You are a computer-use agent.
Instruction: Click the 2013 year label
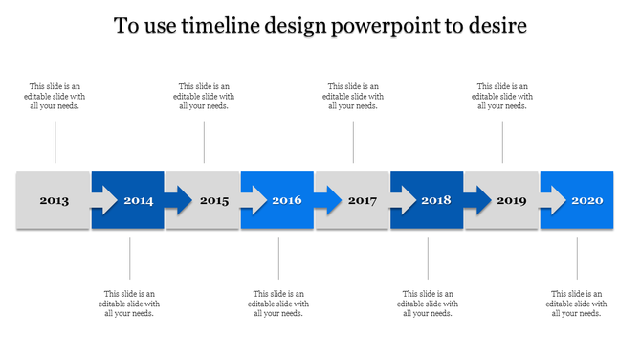tap(54, 201)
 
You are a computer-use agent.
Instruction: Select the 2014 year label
tap(139, 201)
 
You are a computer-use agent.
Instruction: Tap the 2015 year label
tap(214, 201)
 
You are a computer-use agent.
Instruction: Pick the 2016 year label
tap(287, 201)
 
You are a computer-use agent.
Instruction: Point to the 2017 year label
tap(363, 201)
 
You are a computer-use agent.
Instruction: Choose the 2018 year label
tap(436, 201)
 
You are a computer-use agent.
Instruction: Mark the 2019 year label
tap(512, 201)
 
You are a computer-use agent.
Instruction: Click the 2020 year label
tap(586, 201)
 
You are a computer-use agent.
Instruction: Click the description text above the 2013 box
tap(55, 96)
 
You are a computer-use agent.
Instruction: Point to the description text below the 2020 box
tap(577, 303)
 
